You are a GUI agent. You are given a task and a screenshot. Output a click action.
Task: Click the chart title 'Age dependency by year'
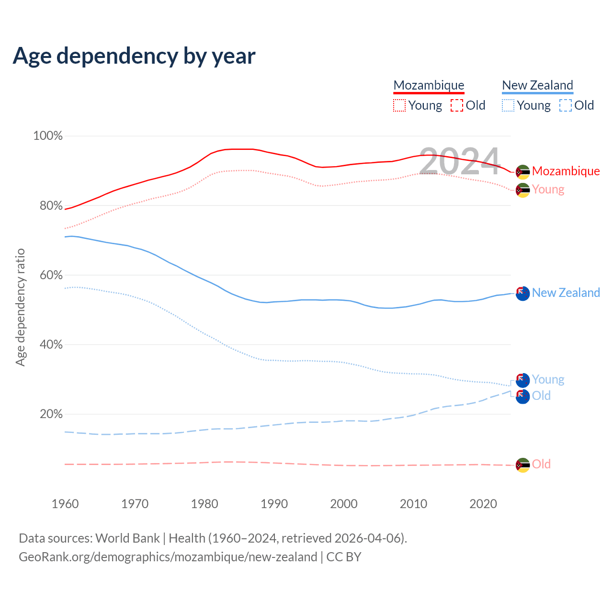pos(134,56)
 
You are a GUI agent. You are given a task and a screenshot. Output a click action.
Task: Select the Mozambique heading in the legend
pos(429,85)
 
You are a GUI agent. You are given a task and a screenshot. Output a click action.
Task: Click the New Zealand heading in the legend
pos(537,85)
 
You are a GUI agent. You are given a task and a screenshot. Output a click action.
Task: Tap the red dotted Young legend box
pos(399,105)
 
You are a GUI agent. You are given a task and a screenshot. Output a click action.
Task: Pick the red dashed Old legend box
pos(457,105)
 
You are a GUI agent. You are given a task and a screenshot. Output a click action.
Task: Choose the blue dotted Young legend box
pos(508,105)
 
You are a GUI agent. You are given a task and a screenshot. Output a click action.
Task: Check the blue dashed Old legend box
pos(566,105)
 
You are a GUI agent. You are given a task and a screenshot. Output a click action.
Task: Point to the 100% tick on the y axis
pos(48,136)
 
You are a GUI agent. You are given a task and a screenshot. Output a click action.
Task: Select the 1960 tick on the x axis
pos(65,504)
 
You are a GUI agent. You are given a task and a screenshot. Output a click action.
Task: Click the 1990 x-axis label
pos(274,504)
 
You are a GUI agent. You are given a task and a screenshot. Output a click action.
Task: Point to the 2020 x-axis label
pos(483,504)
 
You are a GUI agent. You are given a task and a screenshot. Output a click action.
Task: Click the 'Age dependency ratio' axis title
pos(20,307)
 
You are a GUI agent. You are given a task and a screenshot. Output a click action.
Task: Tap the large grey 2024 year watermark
pos(460,161)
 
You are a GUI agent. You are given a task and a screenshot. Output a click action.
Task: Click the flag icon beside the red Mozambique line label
pos(522,171)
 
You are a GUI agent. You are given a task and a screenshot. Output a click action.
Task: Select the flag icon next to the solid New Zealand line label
pos(522,294)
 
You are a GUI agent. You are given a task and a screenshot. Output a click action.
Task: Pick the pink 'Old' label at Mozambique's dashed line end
pos(541,464)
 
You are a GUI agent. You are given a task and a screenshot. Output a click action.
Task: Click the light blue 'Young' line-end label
pos(548,379)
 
